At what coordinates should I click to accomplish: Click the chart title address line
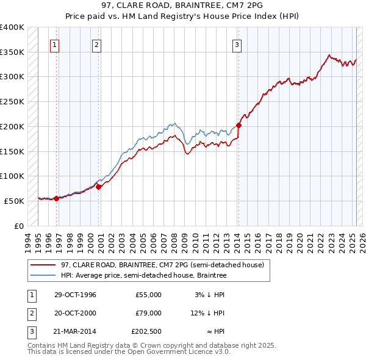(183, 6)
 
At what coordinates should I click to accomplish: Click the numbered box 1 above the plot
(55, 44)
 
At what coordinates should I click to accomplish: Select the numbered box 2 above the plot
(97, 44)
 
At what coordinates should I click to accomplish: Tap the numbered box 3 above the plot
(237, 44)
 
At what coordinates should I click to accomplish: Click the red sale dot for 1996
(57, 198)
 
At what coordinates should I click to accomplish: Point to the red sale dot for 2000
(98, 187)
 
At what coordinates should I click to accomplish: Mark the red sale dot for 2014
(239, 126)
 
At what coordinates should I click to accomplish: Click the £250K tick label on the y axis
(12, 102)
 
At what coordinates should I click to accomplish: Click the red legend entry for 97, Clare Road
(162, 265)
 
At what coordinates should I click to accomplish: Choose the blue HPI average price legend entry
(143, 276)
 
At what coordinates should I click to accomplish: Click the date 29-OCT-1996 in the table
(75, 295)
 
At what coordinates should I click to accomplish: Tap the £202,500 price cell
(146, 331)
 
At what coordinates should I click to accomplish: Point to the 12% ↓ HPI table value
(207, 313)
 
